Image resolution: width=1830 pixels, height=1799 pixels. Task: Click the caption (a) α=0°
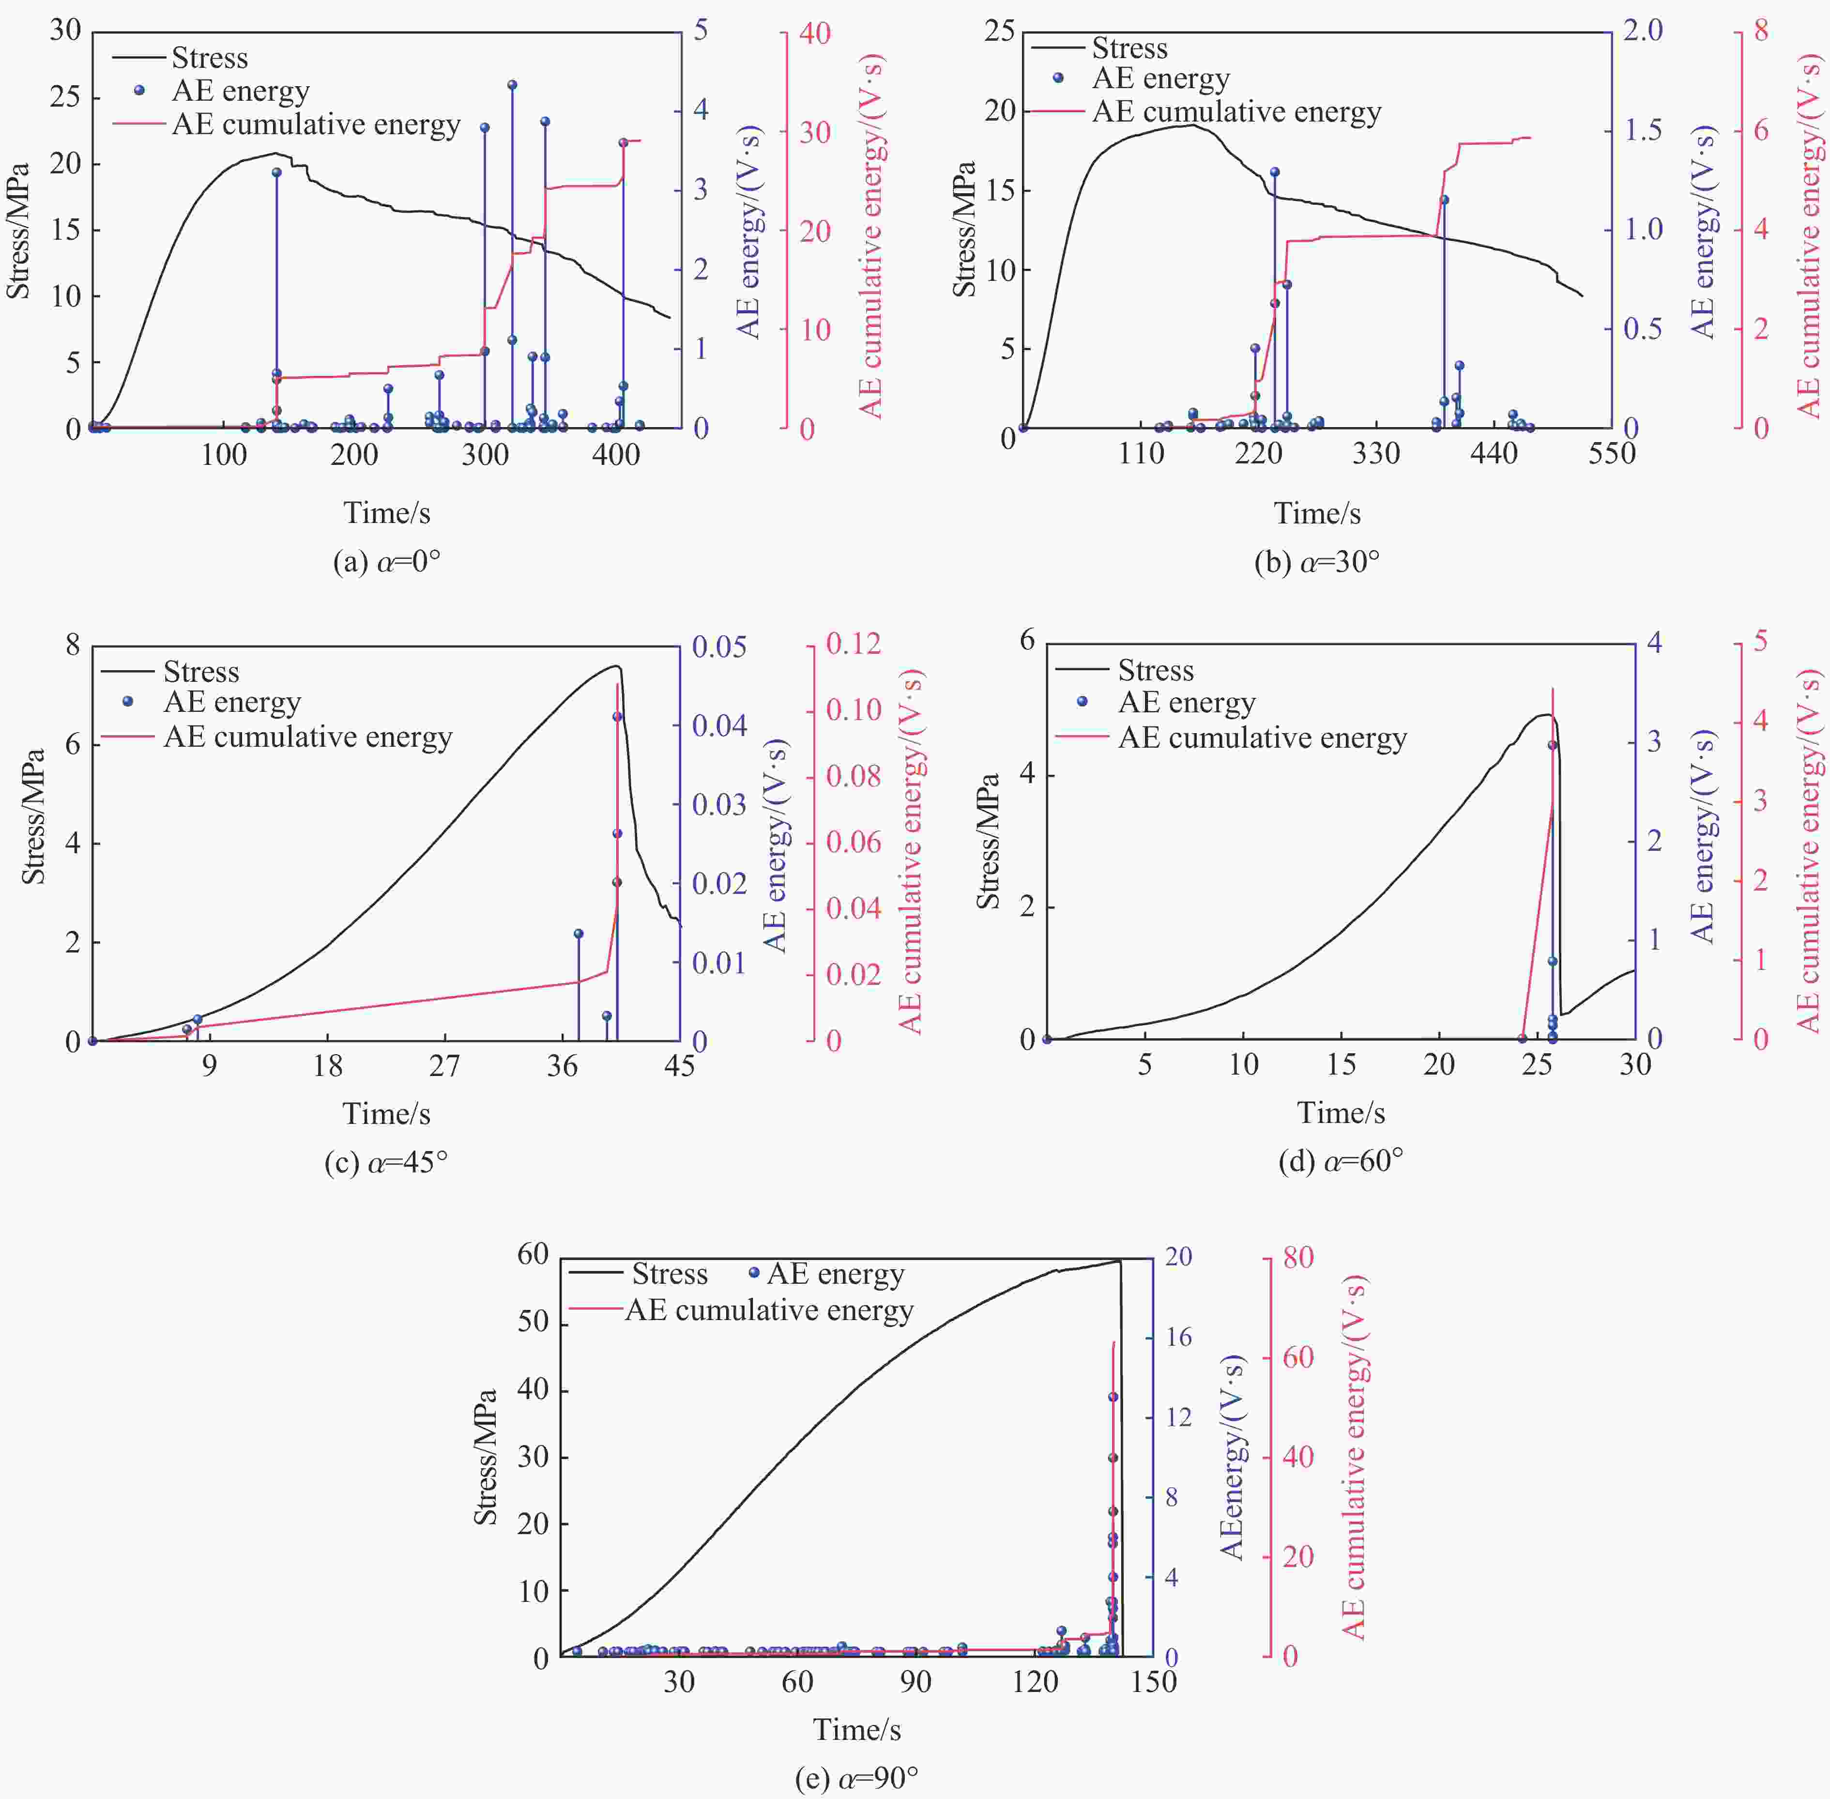click(386, 562)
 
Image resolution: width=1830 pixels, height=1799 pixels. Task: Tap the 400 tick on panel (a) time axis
click(616, 455)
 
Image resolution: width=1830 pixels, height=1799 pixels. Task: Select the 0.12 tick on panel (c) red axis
click(853, 644)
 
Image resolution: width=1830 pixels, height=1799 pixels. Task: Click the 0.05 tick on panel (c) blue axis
click(719, 647)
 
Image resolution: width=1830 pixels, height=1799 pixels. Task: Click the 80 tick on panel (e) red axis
click(1298, 1258)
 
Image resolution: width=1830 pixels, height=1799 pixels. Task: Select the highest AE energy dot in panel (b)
click(1275, 172)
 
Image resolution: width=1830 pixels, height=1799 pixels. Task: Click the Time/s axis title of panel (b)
click(1317, 513)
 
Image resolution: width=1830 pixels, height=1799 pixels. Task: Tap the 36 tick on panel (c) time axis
click(562, 1066)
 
